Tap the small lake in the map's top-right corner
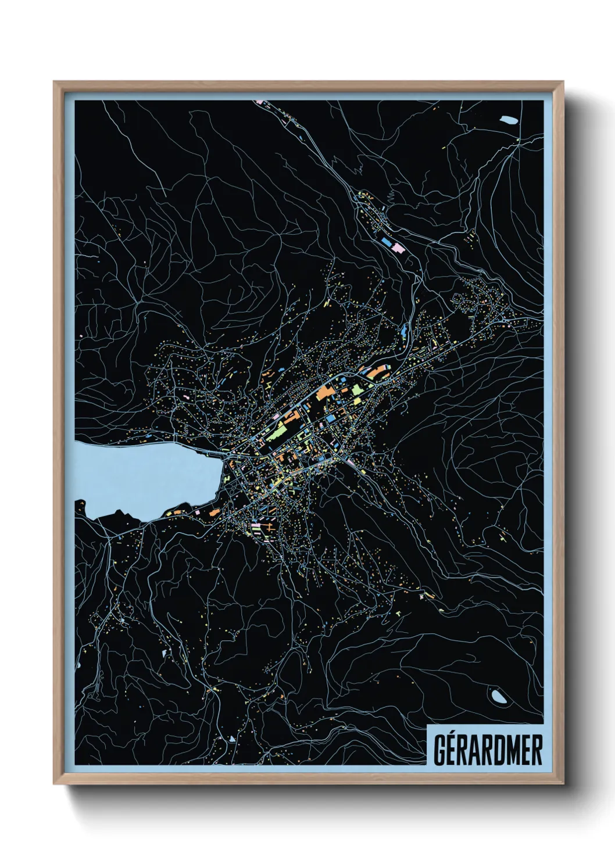tap(509, 120)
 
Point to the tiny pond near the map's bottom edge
tap(231, 739)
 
